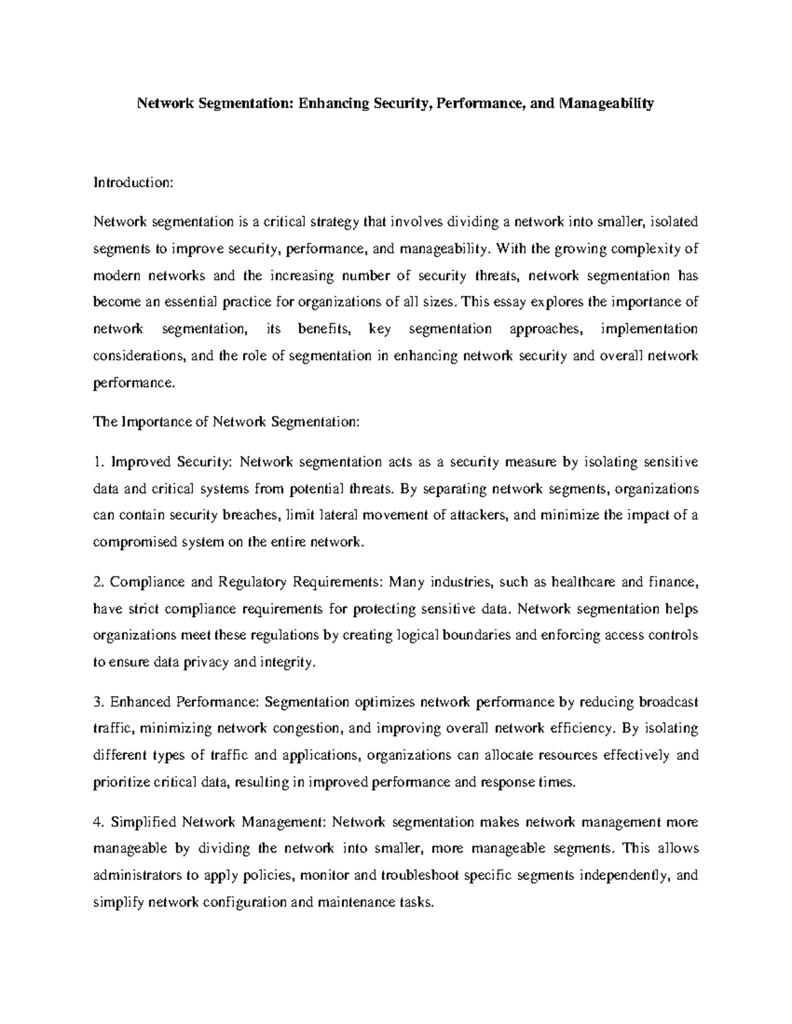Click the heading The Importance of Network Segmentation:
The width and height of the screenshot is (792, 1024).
[x=226, y=422]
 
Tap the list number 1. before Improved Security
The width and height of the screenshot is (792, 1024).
[x=98, y=462]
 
